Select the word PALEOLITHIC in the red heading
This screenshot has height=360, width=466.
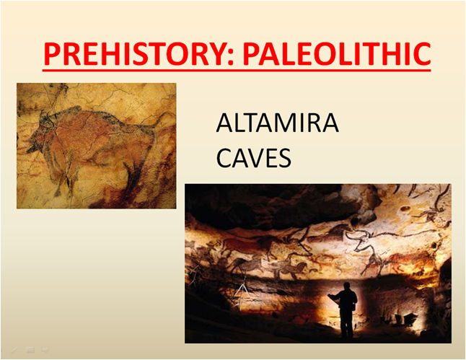pyautogui.click(x=337, y=54)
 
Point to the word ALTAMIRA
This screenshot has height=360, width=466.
pyautogui.click(x=277, y=123)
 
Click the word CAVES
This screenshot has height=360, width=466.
pyautogui.click(x=253, y=157)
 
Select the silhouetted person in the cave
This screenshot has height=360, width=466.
pyautogui.click(x=345, y=309)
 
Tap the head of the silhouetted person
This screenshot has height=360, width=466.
pyautogui.click(x=346, y=286)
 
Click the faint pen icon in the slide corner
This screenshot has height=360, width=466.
pyautogui.click(x=14, y=350)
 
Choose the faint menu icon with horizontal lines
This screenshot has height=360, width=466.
pyautogui.click(x=30, y=350)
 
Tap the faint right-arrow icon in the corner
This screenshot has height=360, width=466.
pyautogui.click(x=45, y=350)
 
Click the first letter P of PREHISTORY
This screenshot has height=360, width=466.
pyautogui.click(x=51, y=54)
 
